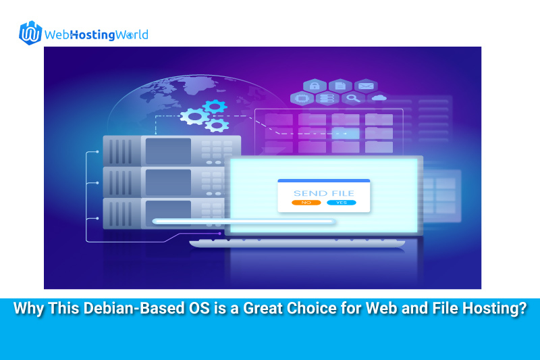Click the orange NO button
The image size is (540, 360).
306,203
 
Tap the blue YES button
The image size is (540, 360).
342,203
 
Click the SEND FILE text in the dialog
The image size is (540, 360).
324,193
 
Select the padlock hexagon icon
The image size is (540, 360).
315,86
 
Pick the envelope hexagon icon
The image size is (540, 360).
366,86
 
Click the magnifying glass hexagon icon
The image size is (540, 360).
353,99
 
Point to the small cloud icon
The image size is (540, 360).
379,98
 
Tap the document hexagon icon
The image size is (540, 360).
340,86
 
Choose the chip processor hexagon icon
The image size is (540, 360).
302,99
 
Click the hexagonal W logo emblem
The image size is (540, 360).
30,33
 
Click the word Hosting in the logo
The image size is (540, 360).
92,35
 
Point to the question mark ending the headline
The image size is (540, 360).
522,308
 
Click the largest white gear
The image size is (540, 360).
194,116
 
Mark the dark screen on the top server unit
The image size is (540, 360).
168,151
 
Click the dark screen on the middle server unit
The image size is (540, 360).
168,182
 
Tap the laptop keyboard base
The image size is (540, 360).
297,243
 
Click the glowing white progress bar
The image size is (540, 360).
244,221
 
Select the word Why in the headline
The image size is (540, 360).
28,308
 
